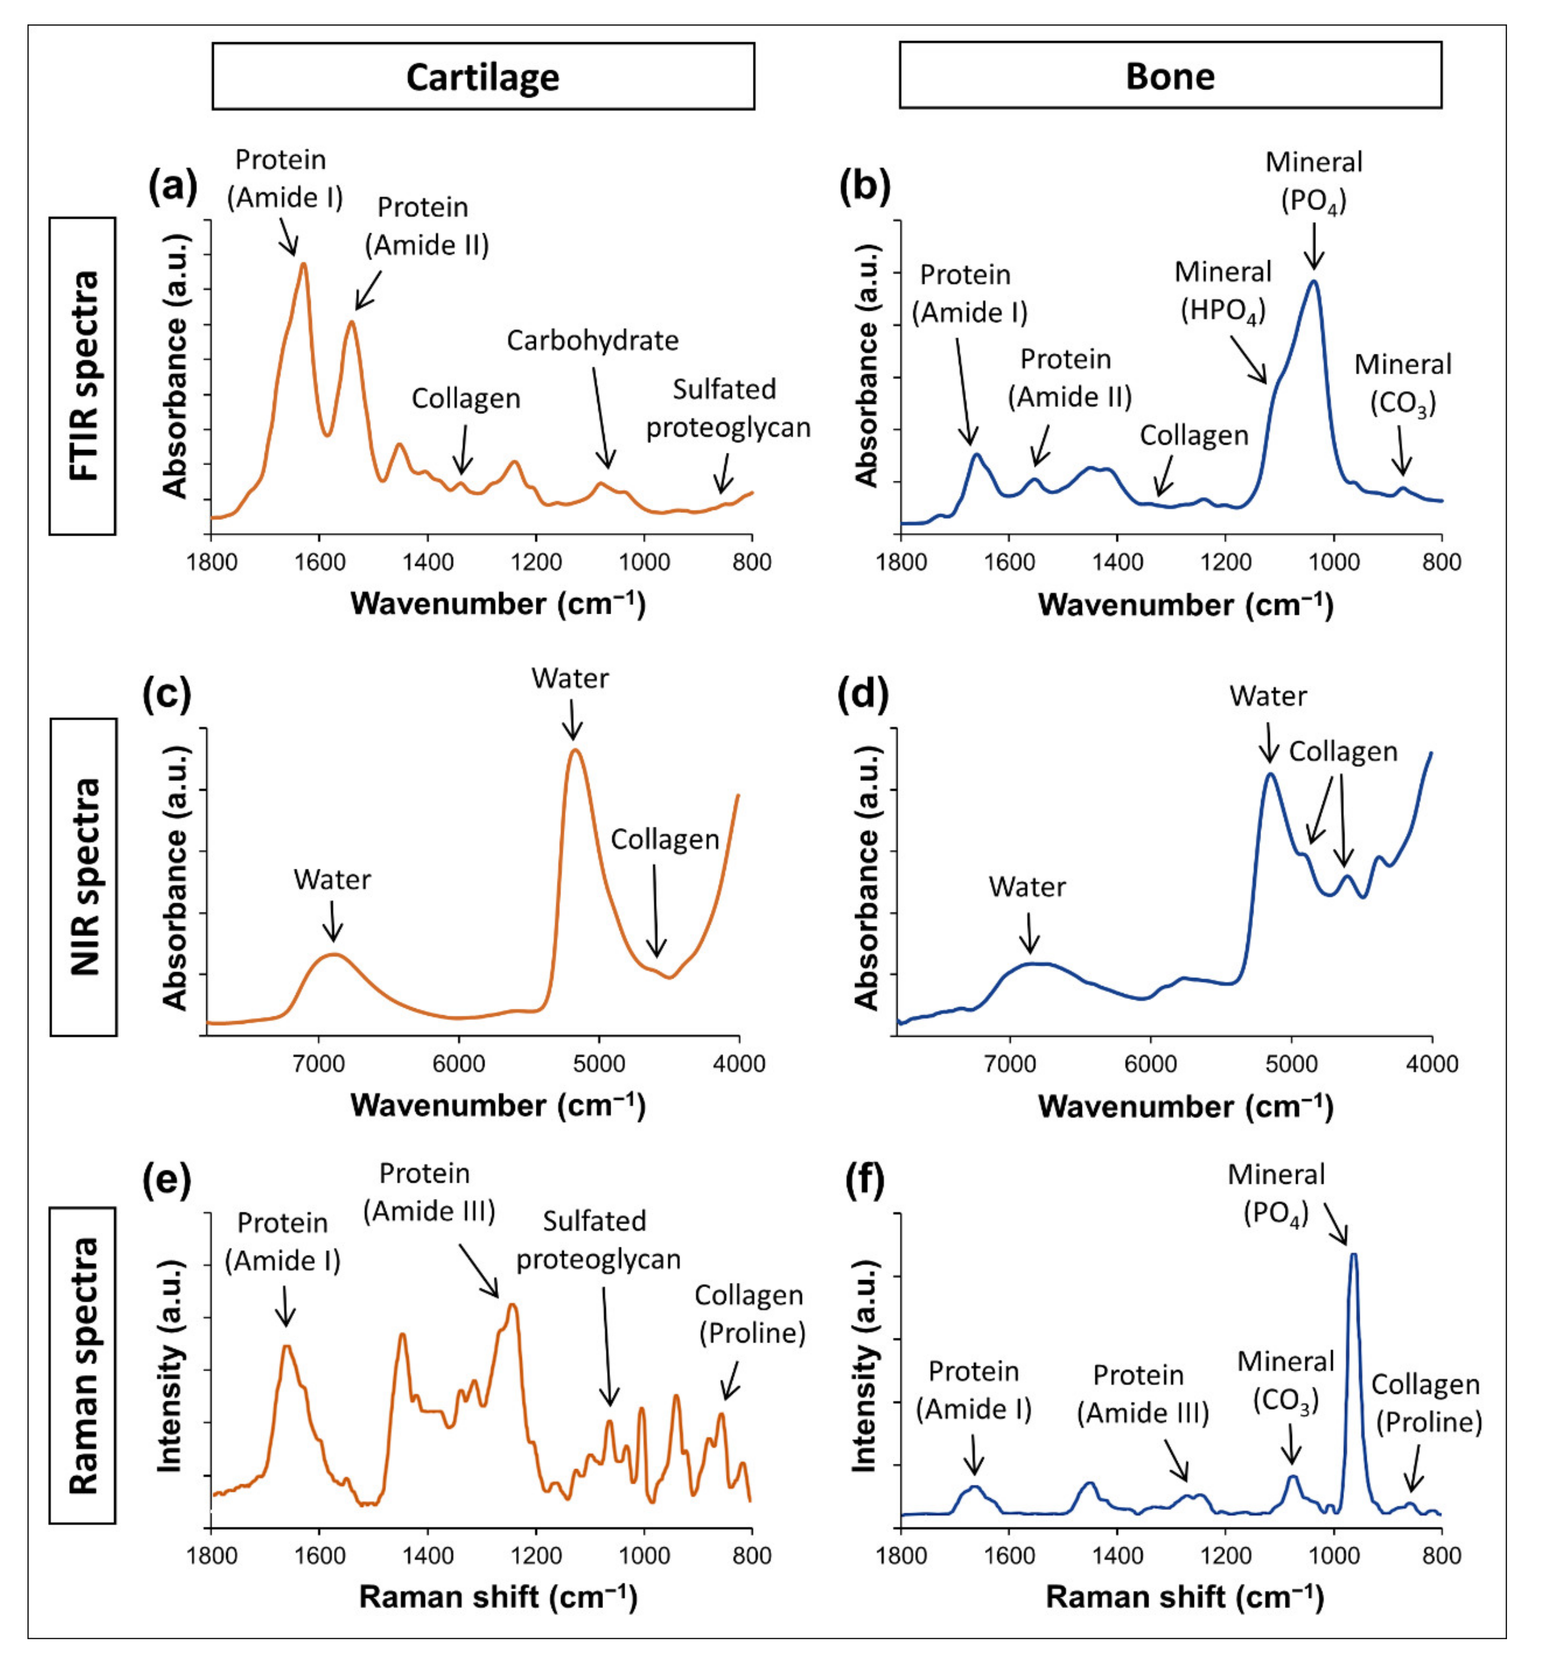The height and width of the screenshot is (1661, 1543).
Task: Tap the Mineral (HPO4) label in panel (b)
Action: pyautogui.click(x=1223, y=291)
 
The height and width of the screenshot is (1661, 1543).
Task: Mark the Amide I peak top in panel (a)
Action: pyautogui.click(x=303, y=264)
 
